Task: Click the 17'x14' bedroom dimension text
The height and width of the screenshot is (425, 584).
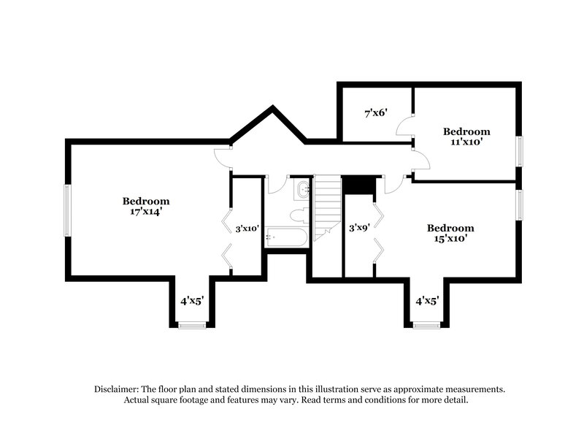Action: (x=146, y=212)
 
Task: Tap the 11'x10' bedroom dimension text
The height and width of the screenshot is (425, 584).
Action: (x=466, y=143)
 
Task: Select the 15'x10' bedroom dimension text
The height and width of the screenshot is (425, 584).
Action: (x=450, y=238)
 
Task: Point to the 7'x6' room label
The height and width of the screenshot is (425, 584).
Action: (x=375, y=113)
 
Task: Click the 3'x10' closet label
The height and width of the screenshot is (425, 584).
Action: (x=247, y=229)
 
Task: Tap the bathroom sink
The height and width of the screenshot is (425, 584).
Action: (x=303, y=191)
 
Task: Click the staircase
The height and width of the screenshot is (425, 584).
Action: (x=328, y=208)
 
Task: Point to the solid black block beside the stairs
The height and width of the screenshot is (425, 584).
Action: (x=358, y=185)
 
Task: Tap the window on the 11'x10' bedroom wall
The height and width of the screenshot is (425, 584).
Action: (x=520, y=150)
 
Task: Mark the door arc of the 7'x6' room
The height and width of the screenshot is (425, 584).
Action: (x=404, y=129)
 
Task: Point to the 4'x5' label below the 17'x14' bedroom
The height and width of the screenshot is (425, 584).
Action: (x=192, y=300)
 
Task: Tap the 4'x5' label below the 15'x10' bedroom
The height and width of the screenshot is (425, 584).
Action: (x=427, y=300)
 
